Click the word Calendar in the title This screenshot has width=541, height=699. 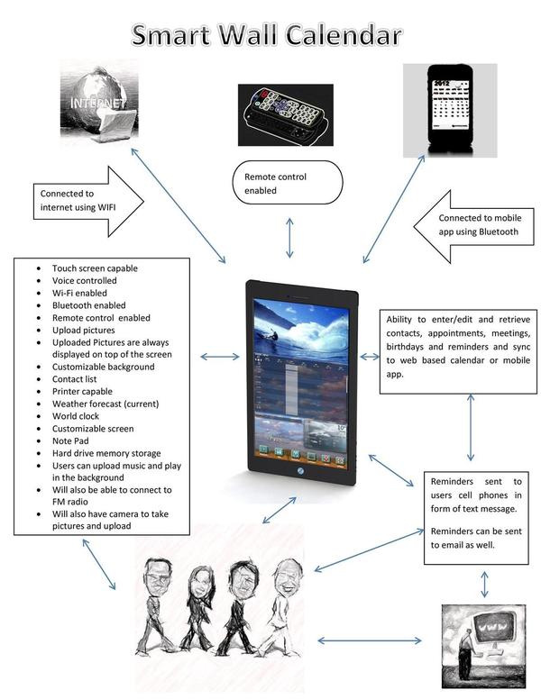[x=335, y=36]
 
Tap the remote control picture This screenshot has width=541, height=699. [x=285, y=114]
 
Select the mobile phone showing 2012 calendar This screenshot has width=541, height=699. [x=462, y=110]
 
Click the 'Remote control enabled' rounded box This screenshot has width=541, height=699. [x=288, y=184]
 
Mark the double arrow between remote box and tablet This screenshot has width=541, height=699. [x=289, y=238]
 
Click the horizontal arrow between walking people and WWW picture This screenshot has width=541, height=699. [x=370, y=641]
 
